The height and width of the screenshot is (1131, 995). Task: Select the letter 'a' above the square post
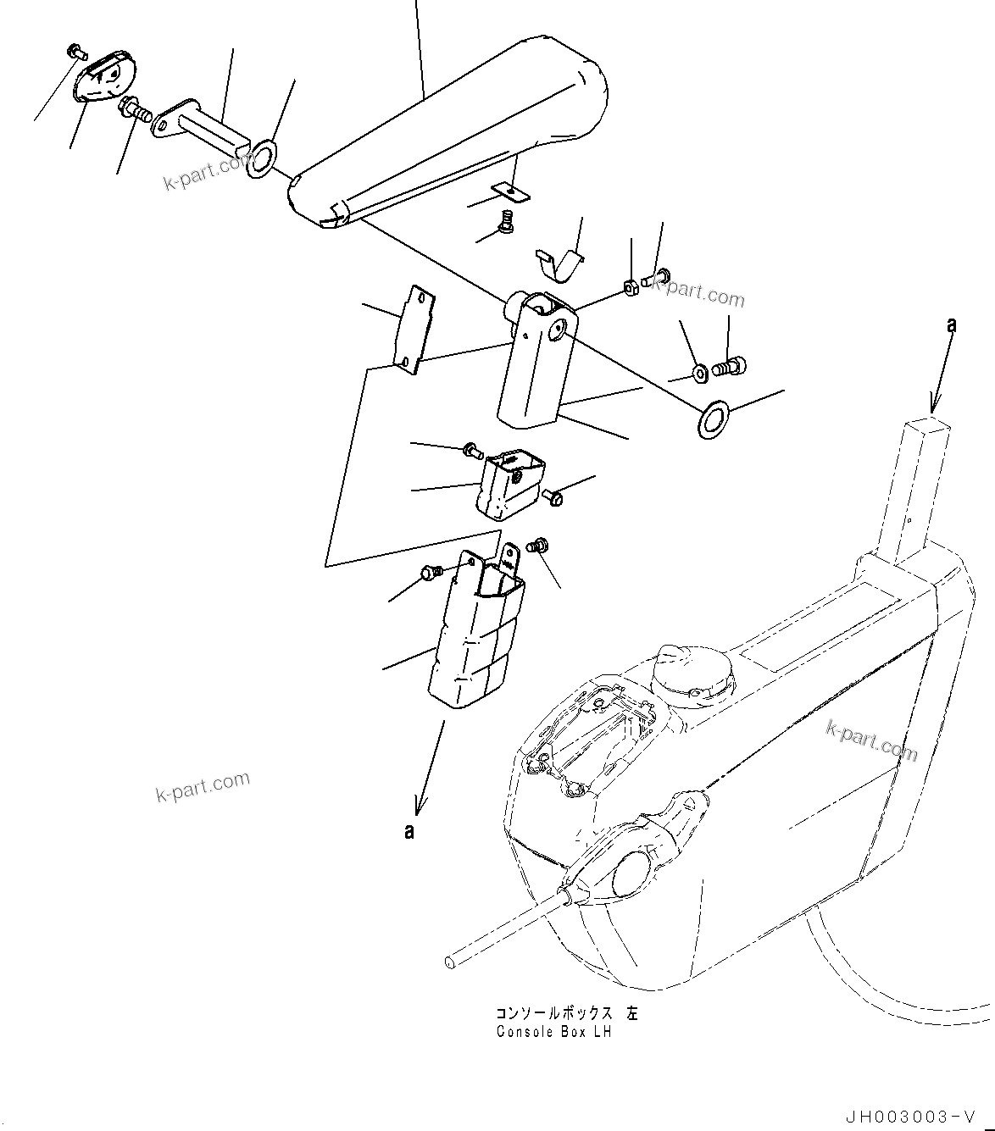tap(952, 324)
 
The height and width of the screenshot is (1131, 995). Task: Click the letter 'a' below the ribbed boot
tap(410, 831)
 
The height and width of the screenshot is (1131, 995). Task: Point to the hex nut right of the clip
tap(631, 289)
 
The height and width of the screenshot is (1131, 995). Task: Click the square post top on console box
tap(926, 421)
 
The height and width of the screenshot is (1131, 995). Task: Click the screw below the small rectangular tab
tap(507, 223)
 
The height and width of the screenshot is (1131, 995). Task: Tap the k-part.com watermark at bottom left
tap(203, 787)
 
